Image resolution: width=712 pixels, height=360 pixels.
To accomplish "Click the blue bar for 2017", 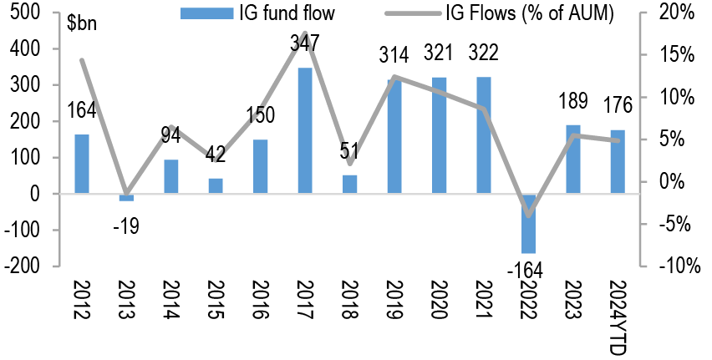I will [x=306, y=130].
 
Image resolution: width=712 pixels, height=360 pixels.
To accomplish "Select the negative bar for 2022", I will [x=530, y=223].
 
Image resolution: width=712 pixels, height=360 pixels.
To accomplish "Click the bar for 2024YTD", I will [x=618, y=161].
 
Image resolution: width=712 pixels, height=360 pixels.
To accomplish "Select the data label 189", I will [x=574, y=102].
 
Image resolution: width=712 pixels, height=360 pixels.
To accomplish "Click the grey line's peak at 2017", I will [x=306, y=34].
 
